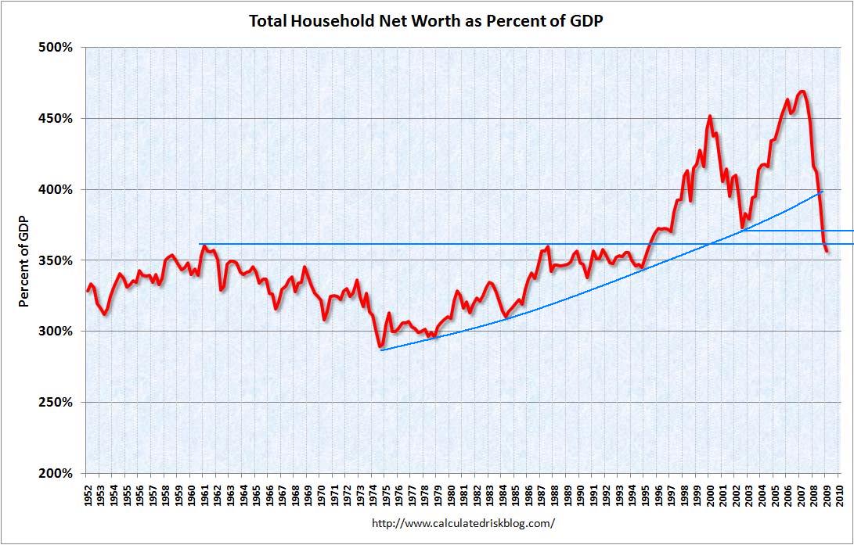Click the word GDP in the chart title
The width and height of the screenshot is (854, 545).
coord(586,21)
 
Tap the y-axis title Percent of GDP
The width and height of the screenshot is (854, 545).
coord(24,260)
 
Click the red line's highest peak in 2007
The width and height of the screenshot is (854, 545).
coord(802,91)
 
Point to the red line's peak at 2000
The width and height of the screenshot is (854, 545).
coord(710,117)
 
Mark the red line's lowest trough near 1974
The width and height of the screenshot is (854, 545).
coord(380,346)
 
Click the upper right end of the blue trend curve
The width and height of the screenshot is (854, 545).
coord(821,192)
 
